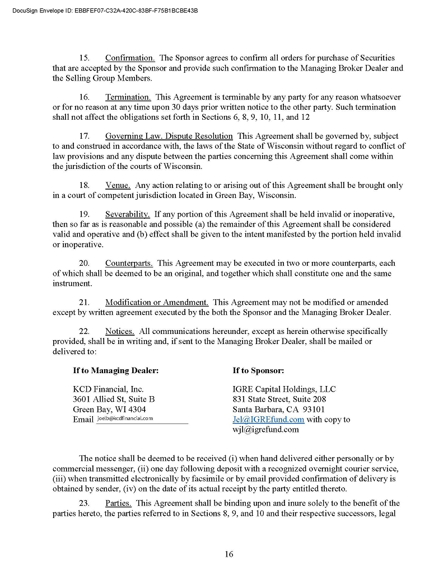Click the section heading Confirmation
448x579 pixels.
point(130,58)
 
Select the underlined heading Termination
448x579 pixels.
point(128,97)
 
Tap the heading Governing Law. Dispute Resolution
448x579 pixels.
point(169,136)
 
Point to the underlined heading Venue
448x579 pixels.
point(118,185)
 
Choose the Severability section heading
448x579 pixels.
point(127,214)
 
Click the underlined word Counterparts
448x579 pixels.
point(129,263)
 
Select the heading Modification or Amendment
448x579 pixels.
point(157,302)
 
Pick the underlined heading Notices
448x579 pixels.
point(119,331)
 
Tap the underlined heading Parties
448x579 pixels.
point(118,503)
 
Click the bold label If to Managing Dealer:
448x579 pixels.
point(116,370)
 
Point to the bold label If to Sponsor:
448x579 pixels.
point(258,370)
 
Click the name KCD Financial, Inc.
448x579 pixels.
point(108,389)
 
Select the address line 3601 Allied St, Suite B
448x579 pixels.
point(114,399)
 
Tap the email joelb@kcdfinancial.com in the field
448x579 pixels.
point(125,418)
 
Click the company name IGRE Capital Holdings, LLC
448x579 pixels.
point(284,389)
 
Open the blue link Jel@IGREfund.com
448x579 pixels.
point(268,420)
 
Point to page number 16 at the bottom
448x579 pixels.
point(229,554)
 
